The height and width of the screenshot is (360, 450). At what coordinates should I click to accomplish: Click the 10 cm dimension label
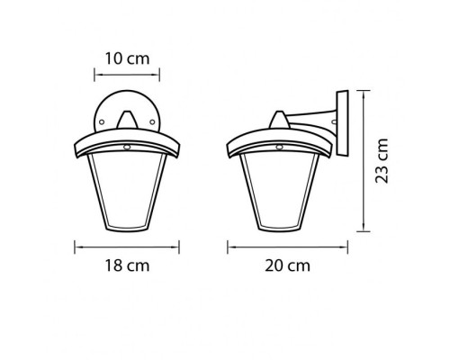coord(127,58)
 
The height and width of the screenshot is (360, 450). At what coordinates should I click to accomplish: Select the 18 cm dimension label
coord(127,265)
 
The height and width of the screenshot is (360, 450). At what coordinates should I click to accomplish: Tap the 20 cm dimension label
coord(287,265)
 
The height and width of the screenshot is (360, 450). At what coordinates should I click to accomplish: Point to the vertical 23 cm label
coord(382,160)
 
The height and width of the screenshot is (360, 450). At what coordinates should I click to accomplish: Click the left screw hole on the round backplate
coord(102,121)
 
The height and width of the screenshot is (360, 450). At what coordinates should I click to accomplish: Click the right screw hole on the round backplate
coord(152,121)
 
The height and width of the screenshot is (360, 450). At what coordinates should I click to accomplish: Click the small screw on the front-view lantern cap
coord(127,147)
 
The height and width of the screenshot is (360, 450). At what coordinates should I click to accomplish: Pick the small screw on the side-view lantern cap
coord(280,147)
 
